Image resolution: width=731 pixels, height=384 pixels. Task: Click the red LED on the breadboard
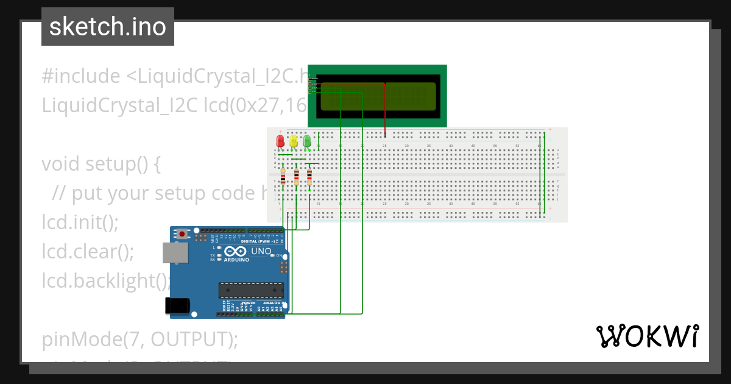pyautogui.click(x=280, y=141)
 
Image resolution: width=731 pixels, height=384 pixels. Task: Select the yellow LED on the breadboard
pyautogui.click(x=294, y=141)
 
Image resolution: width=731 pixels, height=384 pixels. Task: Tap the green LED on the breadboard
pyautogui.click(x=307, y=141)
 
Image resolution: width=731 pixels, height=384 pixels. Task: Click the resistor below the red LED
pyautogui.click(x=283, y=177)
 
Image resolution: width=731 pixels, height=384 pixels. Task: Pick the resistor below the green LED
pyautogui.click(x=309, y=177)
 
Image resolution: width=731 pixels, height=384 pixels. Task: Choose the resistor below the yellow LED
pyautogui.click(x=296, y=177)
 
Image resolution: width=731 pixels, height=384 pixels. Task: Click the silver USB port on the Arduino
pyautogui.click(x=175, y=253)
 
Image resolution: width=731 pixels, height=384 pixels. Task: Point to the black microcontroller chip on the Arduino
pyautogui.click(x=251, y=290)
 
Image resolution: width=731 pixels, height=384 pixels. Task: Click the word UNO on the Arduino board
pyautogui.click(x=261, y=251)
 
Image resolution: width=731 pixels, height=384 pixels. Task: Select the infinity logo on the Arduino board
pyautogui.click(x=236, y=251)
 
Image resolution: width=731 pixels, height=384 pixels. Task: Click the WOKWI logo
pyautogui.click(x=647, y=336)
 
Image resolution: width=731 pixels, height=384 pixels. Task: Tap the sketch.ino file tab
pyautogui.click(x=108, y=27)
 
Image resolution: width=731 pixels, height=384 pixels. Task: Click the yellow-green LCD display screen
pyautogui.click(x=378, y=96)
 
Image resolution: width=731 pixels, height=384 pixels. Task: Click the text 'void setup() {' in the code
pyautogui.click(x=101, y=164)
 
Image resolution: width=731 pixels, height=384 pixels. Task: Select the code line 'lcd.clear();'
pyautogui.click(x=88, y=251)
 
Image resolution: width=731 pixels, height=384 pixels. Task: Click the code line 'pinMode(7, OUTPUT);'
pyautogui.click(x=140, y=339)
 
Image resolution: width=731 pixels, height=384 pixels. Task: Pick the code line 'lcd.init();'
pyautogui.click(x=80, y=222)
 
